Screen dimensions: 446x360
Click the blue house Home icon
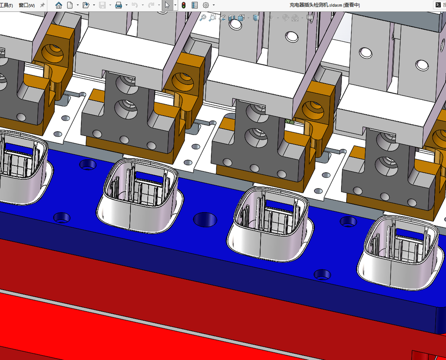point(59,5)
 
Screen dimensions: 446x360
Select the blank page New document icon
point(70,5)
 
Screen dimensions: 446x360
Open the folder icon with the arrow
point(86,5)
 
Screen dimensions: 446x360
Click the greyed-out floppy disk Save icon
point(102,5)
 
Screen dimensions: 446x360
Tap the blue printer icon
point(118,5)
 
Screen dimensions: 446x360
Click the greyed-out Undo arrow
point(135,5)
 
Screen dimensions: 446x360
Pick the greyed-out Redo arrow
point(151,5)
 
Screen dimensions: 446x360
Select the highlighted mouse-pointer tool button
point(167,5)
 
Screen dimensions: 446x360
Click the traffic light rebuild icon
point(184,5)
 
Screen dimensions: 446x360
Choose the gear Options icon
point(206,5)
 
